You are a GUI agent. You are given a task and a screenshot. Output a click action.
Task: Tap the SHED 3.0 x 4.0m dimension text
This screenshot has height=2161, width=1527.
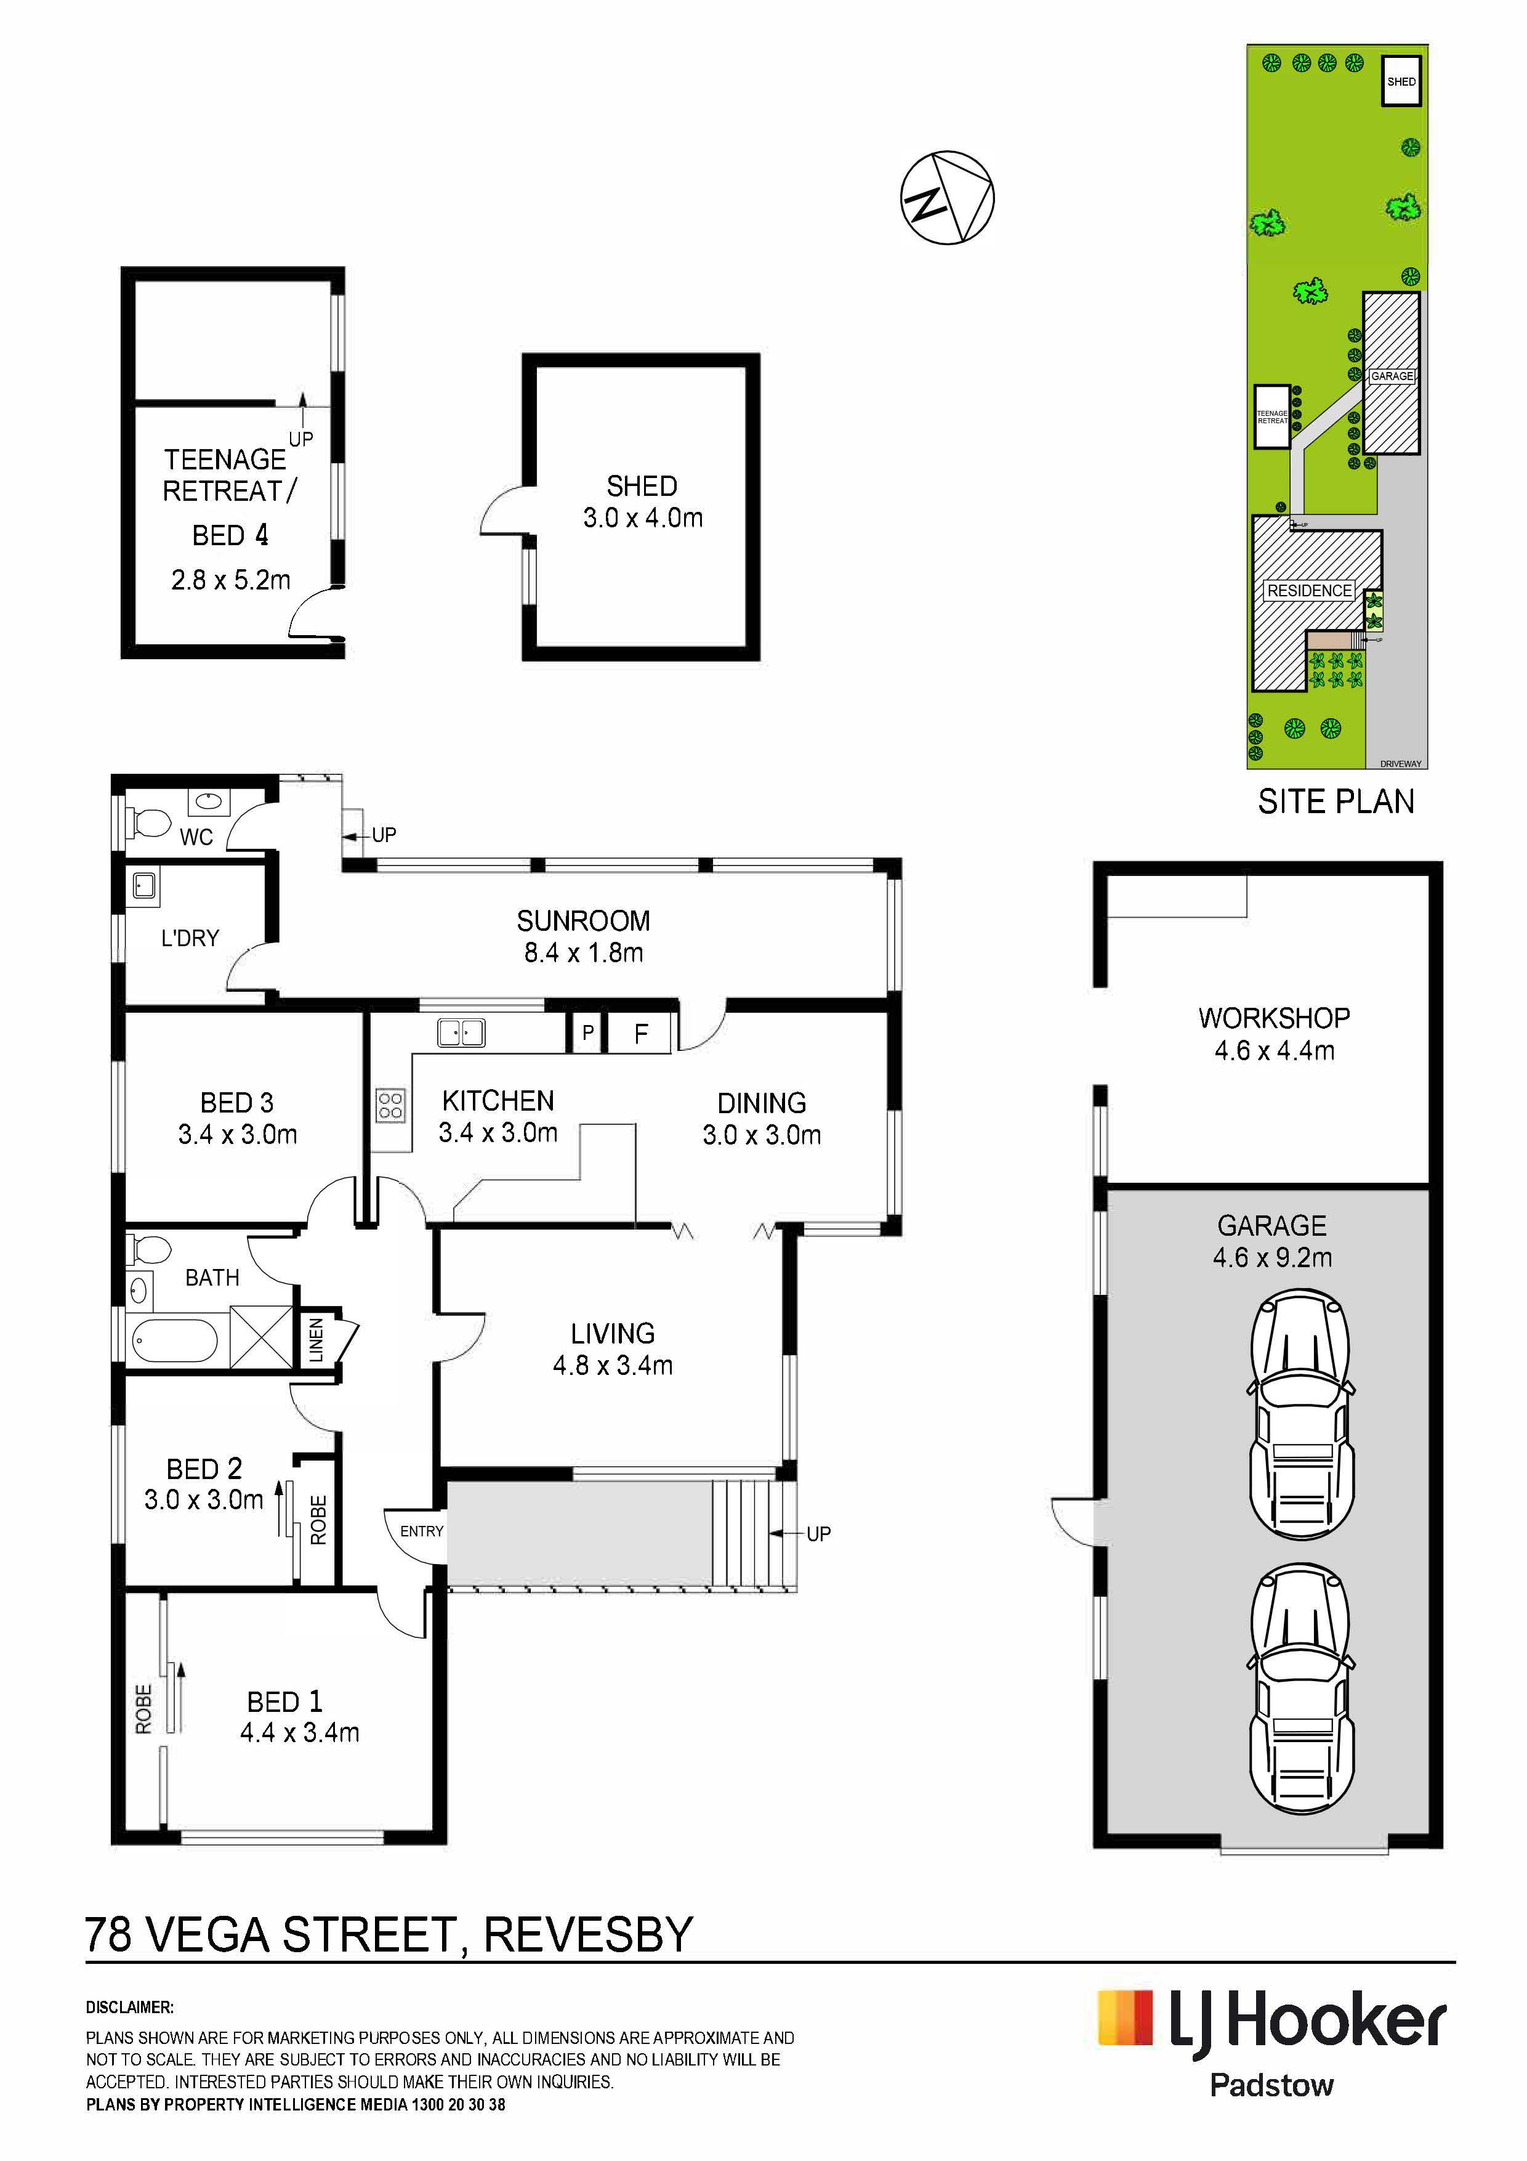coord(643,517)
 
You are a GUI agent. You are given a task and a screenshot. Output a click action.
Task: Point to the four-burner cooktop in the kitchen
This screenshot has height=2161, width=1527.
coord(390,1105)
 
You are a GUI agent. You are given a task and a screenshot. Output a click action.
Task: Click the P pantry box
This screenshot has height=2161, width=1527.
coord(587,1032)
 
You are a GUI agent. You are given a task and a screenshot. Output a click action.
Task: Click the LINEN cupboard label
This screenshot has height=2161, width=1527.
coord(316,1339)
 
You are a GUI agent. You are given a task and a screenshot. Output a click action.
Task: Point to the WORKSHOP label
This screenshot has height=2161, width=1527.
coord(1274,1018)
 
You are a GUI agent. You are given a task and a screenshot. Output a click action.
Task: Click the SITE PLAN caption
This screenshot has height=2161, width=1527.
coord(1336,801)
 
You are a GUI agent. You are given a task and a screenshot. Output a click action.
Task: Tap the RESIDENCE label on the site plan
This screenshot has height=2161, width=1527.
coord(1308,590)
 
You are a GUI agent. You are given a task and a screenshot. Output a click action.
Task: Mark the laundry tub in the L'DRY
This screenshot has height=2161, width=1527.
coord(145,885)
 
